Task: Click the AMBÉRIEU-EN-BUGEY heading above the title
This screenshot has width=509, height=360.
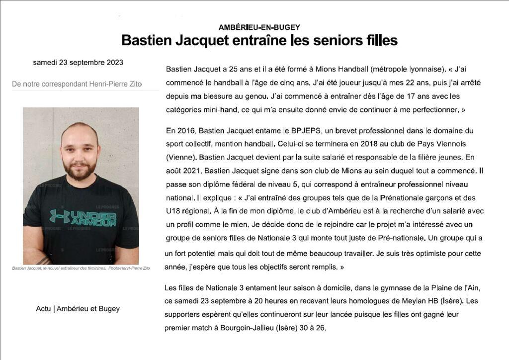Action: (x=259, y=27)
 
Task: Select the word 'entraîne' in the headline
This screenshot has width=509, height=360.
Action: (x=258, y=40)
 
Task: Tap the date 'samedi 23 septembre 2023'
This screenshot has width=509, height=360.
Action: (x=78, y=63)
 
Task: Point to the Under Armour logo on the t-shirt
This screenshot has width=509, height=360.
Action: (x=83, y=217)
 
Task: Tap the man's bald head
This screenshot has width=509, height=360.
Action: (x=80, y=130)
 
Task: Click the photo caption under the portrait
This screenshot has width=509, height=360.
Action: (x=81, y=269)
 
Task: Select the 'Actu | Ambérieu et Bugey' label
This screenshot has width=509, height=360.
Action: (x=78, y=309)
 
